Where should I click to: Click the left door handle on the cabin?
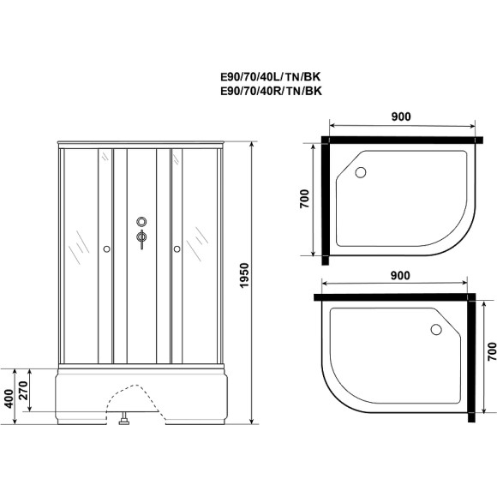[105, 249]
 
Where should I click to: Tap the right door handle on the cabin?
[177, 249]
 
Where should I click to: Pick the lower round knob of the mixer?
[141, 238]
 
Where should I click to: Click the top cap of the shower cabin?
[141, 143]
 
